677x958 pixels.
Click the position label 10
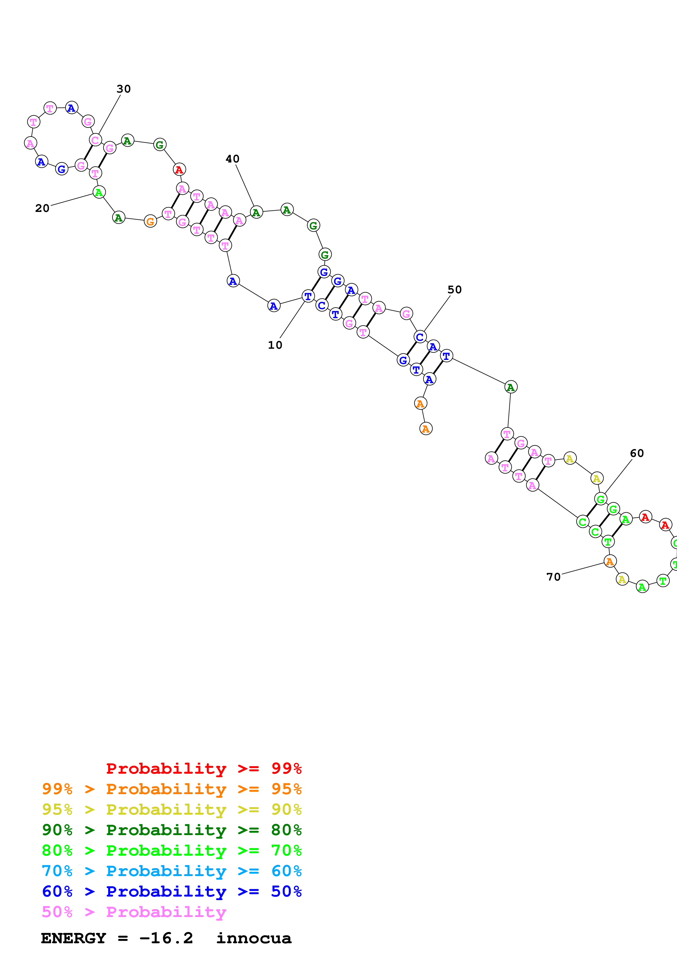275,345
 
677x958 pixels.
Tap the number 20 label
42,208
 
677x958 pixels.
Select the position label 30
123,89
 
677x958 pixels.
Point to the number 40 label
232,159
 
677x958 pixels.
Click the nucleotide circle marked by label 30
96,140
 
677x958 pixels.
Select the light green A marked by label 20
99,192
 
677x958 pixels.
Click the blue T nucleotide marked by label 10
308,296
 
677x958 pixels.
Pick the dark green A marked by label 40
256,212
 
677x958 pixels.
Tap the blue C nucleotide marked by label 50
420,337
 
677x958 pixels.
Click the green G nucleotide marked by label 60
600,499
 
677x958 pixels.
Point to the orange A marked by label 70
610,562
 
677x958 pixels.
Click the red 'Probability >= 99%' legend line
203,768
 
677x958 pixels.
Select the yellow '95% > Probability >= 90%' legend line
172,809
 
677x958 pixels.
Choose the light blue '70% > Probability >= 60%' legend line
172,871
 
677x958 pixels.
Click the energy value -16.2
166,938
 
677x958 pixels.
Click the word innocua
254,938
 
